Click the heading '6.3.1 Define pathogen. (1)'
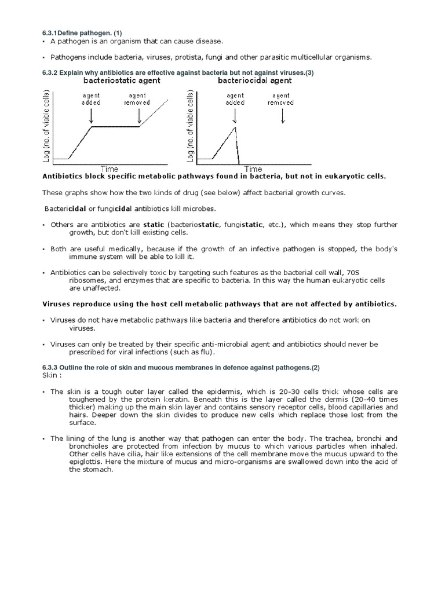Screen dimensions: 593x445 [81, 32]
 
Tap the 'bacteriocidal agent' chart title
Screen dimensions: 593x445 [256, 81]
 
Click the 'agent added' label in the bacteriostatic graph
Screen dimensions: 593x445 [91, 99]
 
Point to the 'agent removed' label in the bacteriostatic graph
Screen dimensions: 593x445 [138, 99]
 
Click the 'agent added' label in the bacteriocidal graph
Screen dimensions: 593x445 [235, 99]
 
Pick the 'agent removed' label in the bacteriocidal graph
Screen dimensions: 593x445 [281, 99]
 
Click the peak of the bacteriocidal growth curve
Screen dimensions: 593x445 [234, 127]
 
